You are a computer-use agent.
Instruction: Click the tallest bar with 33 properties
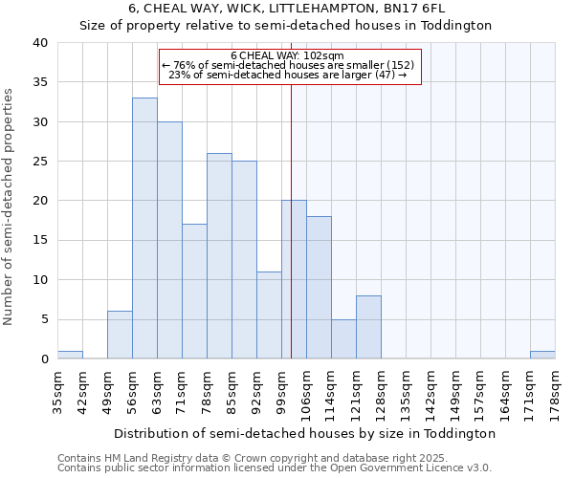(x=144, y=228)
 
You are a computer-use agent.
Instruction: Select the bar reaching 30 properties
(x=169, y=240)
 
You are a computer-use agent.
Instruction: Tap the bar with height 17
(x=194, y=292)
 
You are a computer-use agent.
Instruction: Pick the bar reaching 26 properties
(x=219, y=256)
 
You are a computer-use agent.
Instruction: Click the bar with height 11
(x=269, y=315)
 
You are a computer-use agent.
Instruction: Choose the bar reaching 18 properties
(x=319, y=288)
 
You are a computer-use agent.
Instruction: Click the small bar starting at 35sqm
(x=70, y=355)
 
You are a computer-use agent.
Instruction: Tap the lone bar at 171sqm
(x=542, y=355)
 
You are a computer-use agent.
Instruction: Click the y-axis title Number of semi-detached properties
(x=10, y=206)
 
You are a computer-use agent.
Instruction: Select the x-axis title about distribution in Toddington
(x=305, y=433)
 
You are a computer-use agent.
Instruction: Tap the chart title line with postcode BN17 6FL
(x=287, y=9)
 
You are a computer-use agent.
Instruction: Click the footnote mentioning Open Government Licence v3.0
(x=275, y=467)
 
